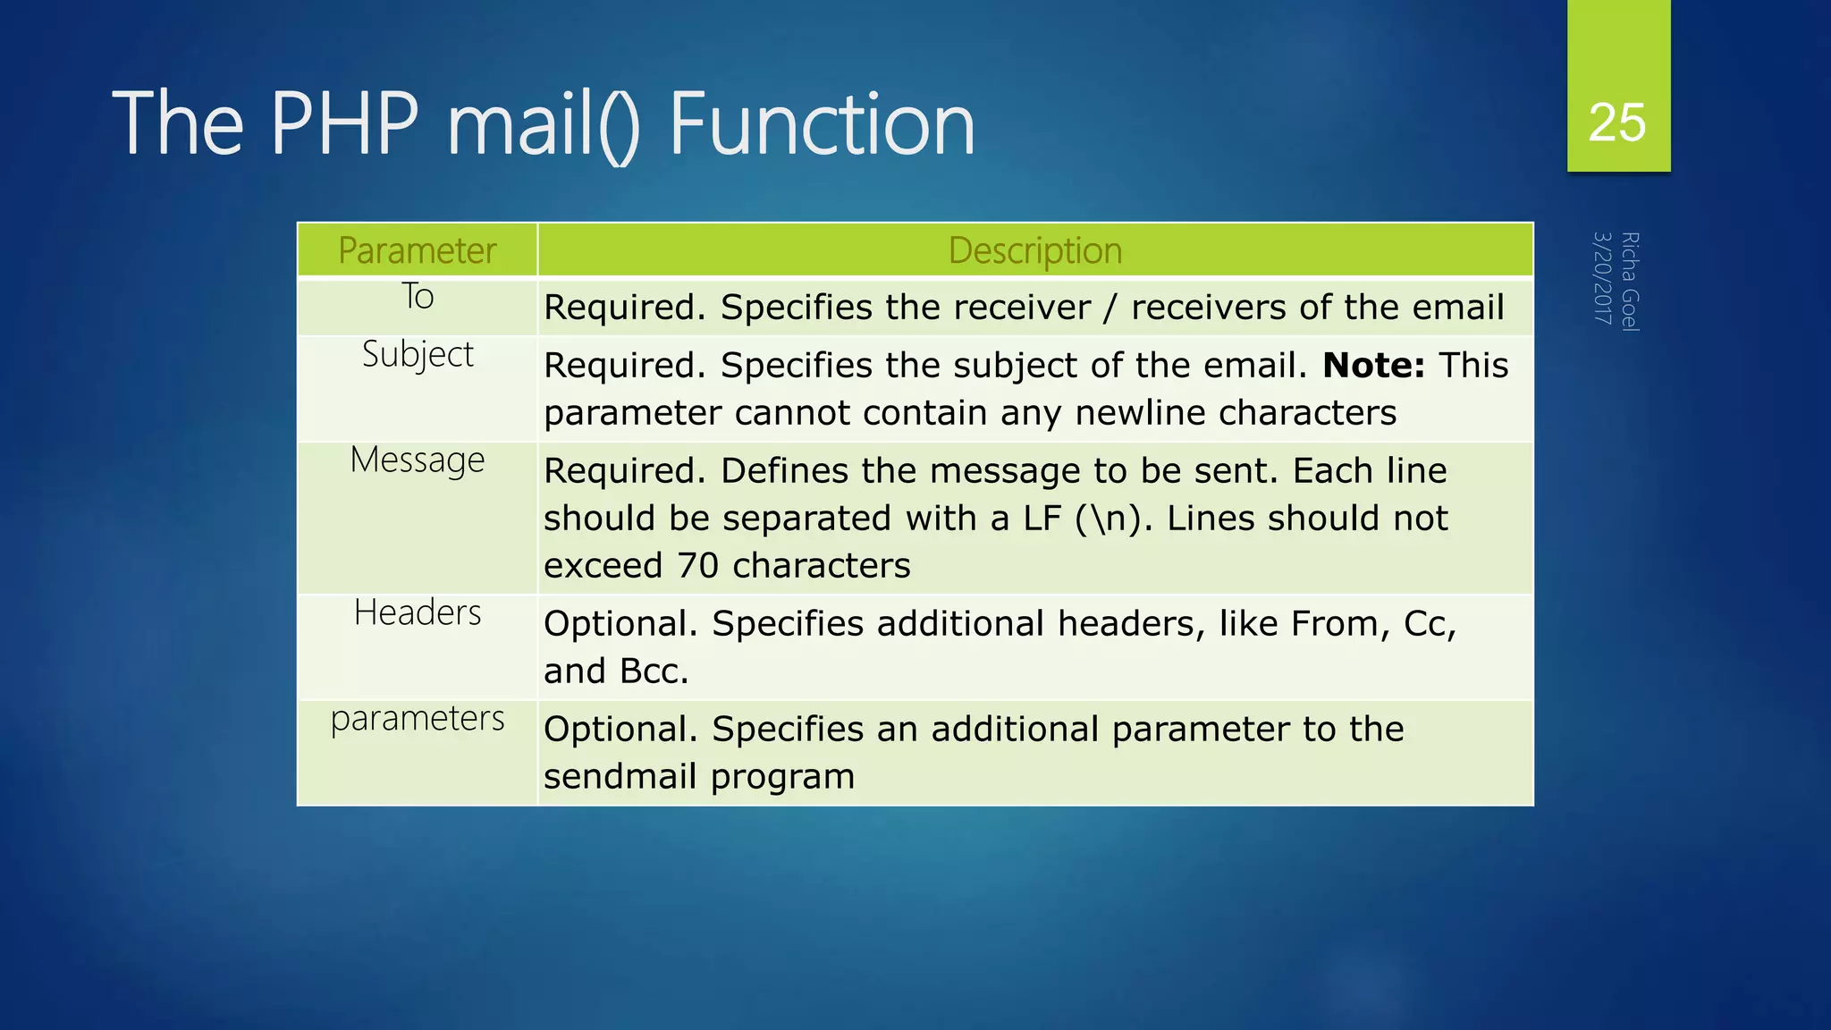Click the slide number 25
click(x=1616, y=122)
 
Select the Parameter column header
click(x=417, y=250)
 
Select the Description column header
click(x=1034, y=250)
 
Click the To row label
click(x=418, y=297)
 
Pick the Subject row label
click(x=418, y=355)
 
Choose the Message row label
click(x=418, y=460)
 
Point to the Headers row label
click(x=418, y=613)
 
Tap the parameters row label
click(x=418, y=719)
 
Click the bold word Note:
click(x=1373, y=366)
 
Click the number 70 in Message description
click(x=697, y=566)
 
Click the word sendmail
click(x=620, y=776)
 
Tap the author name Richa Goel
click(x=1630, y=282)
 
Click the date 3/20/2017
click(x=1602, y=278)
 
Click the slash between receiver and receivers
click(x=1110, y=308)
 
